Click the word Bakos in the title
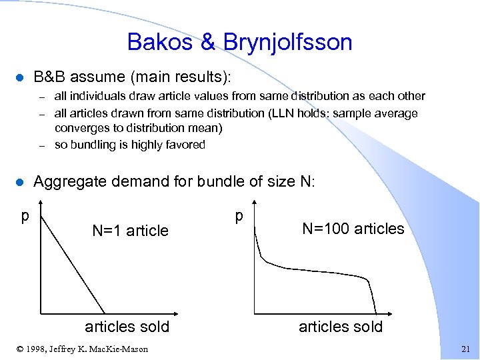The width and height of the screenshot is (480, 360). point(160,42)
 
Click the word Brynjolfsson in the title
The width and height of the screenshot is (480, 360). point(289,43)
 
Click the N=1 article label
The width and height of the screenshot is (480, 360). point(130,231)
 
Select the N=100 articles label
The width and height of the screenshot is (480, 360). point(353,229)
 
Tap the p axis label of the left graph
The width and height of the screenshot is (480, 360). point(25,217)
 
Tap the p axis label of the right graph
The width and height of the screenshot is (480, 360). point(239,217)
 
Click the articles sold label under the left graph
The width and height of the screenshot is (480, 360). point(127,327)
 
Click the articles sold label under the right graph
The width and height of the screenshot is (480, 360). point(341,327)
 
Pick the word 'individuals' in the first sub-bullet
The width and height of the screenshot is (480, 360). point(97,96)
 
